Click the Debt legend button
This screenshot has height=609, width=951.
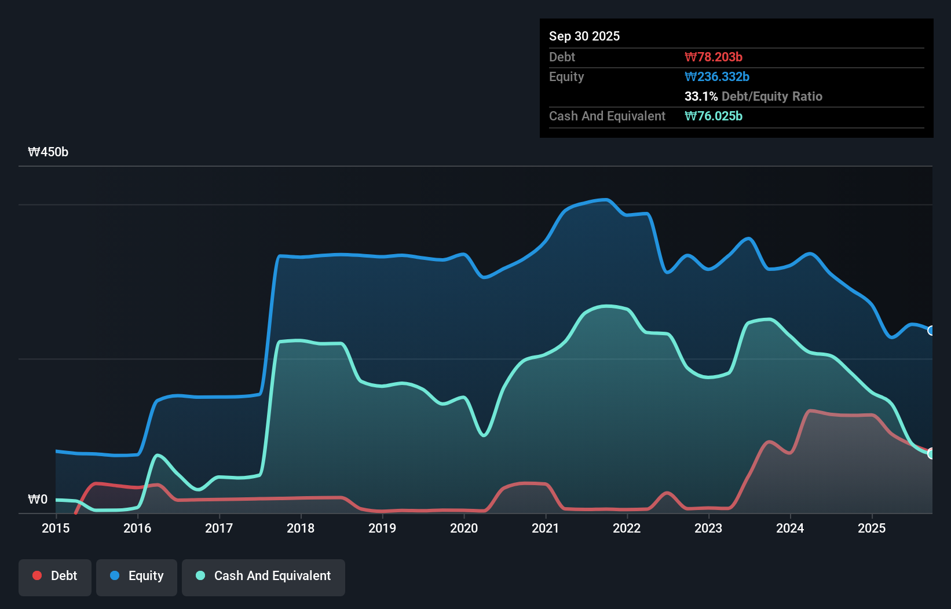point(55,577)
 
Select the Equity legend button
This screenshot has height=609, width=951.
point(137,577)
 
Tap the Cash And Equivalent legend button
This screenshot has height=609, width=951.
point(264,577)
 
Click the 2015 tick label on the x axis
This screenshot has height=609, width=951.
point(56,528)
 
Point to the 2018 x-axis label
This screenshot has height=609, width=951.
point(301,528)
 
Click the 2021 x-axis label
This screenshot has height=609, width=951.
point(546,528)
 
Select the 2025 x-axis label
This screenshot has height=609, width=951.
point(872,528)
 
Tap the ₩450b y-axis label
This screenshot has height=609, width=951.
point(48,152)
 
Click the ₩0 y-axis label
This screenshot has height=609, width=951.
point(38,499)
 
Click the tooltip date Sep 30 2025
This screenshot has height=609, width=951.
point(584,36)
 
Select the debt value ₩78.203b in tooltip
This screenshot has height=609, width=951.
point(713,57)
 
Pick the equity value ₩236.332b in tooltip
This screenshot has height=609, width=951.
point(716,76)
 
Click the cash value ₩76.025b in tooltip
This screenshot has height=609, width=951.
point(713,116)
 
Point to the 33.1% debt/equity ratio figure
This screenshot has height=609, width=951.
point(701,96)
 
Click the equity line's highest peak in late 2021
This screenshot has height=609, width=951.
point(606,200)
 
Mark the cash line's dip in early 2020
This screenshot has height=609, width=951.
point(484,435)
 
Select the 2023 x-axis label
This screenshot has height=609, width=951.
point(708,528)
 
